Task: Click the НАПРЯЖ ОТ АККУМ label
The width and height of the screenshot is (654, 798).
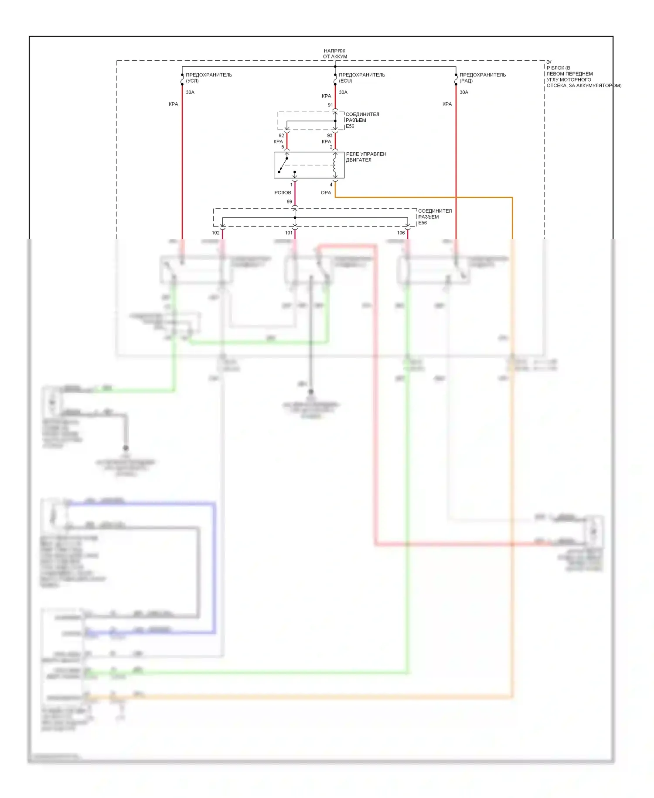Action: coord(335,54)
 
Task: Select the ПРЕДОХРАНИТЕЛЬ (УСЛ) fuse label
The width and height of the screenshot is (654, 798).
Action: coord(209,78)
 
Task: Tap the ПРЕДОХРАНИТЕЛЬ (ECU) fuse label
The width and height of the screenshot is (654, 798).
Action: coord(362,78)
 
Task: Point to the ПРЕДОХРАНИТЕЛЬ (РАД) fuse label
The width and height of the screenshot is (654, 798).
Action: coord(483,78)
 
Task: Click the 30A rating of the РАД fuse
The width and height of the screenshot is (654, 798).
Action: coord(464,93)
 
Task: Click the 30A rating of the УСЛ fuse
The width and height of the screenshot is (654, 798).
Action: coord(190,93)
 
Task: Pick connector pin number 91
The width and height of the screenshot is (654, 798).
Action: coord(330,105)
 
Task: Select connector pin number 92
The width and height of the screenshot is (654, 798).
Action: coord(281,136)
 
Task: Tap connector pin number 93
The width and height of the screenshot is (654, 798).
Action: coord(330,136)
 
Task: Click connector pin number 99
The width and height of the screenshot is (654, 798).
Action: coord(290,202)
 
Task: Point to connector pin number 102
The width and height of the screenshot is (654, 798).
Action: coord(216,233)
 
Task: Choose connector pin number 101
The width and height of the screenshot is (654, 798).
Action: coord(289,233)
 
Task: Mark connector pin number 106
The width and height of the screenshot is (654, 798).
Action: coord(401,233)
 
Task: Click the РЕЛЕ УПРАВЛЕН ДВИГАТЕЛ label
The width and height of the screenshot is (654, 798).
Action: coord(366,157)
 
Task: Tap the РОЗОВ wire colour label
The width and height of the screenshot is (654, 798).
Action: coord(283,193)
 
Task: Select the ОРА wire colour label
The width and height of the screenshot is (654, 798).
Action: coord(326,193)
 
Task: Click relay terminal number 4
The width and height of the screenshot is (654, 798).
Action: coord(331,185)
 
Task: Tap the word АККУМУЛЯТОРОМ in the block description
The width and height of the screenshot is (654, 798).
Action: coord(599,86)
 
